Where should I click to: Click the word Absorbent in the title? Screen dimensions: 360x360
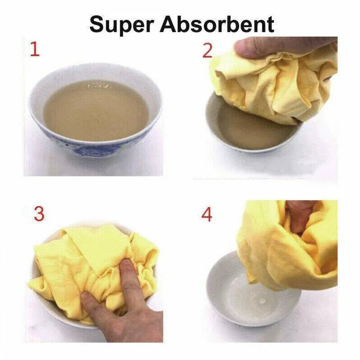click(217, 24)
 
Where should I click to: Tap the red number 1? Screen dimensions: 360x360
click(35, 49)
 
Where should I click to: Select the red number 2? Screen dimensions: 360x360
click(207, 51)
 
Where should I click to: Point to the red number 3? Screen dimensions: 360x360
click(39, 213)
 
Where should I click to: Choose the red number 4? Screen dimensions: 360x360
click(207, 215)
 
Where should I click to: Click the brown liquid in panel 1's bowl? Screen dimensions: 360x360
click(96, 110)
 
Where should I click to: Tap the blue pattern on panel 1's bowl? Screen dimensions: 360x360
click(92, 150)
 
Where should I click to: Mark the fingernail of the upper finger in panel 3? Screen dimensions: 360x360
click(126, 265)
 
